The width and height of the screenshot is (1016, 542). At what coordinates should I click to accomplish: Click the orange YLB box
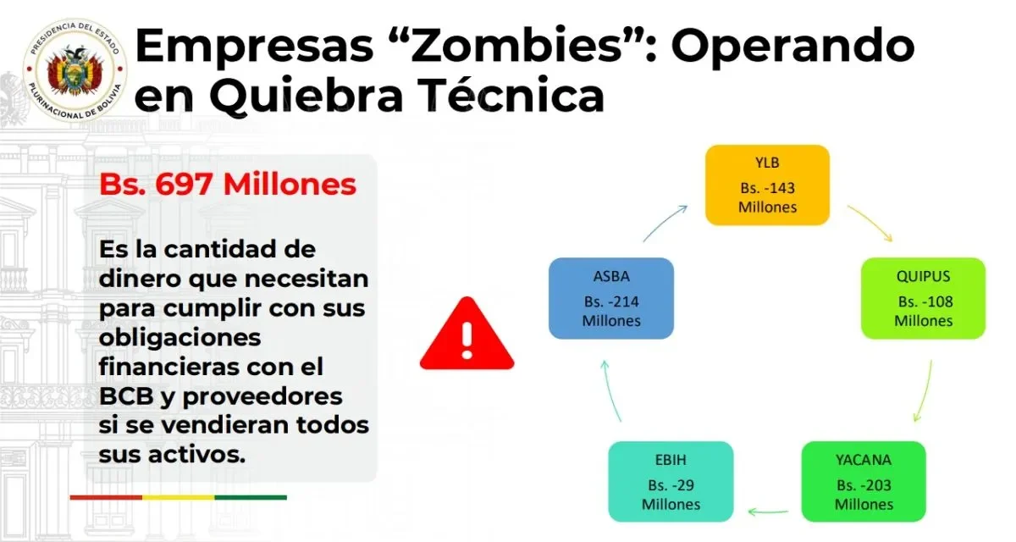[x=767, y=185]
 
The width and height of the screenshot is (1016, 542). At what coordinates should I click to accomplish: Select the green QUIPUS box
[x=923, y=299]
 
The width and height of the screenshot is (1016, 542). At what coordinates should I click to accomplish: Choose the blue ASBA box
[x=611, y=299]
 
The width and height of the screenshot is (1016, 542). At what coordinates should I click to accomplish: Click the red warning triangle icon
[x=467, y=335]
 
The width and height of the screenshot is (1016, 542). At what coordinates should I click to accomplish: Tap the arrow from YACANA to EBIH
[x=767, y=512]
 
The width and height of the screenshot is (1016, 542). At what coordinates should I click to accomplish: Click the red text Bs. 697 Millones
[x=228, y=185]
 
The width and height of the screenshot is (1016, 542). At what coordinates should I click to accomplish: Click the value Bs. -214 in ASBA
[x=611, y=301]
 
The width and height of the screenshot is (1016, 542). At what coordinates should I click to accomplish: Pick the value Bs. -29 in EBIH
[x=671, y=485]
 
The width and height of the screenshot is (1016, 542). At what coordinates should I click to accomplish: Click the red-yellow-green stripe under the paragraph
[x=178, y=497]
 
